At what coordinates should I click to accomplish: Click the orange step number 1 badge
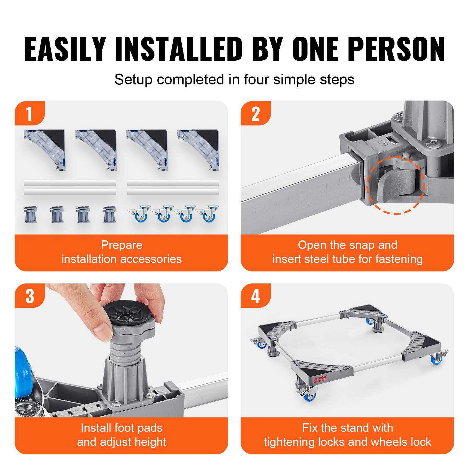(29, 114)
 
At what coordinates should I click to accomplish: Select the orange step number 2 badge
(255, 114)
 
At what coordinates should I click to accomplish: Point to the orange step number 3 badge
(30, 296)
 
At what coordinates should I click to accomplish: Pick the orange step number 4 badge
(255, 296)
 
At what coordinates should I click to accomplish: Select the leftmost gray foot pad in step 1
(30, 215)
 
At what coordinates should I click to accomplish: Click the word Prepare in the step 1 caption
(121, 245)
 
